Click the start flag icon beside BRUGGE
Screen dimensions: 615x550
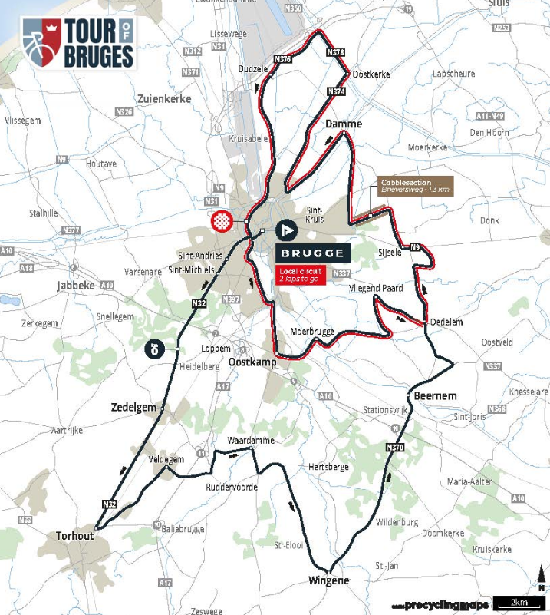(x=286, y=230)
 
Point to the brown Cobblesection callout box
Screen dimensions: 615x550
(x=415, y=186)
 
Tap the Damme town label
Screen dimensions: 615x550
(x=343, y=124)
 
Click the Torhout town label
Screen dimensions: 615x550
(x=74, y=535)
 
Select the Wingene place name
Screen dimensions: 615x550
(x=328, y=580)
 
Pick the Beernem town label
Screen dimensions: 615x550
(x=436, y=395)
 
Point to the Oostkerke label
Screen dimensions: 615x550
(x=371, y=74)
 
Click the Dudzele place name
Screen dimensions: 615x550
(x=253, y=69)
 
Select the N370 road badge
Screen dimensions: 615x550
(x=395, y=448)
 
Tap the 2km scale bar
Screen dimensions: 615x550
(x=519, y=602)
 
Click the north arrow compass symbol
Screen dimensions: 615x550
(x=542, y=575)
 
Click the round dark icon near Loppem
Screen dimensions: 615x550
(x=155, y=350)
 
